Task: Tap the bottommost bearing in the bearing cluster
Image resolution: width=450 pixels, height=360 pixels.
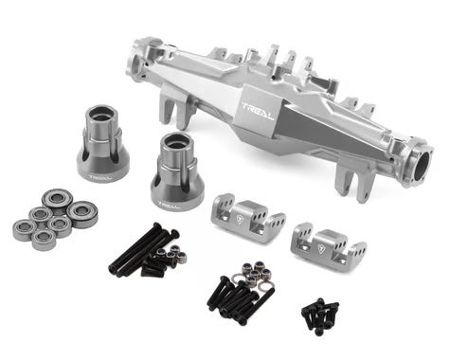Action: pyautogui.click(x=43, y=237)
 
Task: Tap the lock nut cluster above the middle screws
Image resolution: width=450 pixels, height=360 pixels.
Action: pyautogui.click(x=253, y=270)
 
